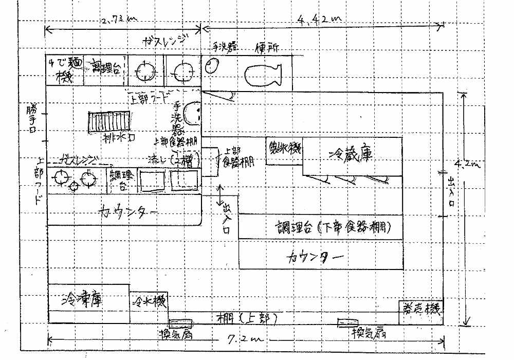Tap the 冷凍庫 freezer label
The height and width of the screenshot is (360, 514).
(x=81, y=299)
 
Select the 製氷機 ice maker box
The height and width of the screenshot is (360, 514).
(x=284, y=151)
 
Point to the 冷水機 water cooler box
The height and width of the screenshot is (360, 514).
(x=149, y=301)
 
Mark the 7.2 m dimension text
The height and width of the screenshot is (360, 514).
(x=248, y=340)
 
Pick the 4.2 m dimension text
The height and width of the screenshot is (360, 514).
(x=467, y=166)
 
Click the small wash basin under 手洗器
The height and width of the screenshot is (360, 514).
(x=212, y=66)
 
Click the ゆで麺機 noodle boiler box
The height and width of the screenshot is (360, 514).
(x=64, y=71)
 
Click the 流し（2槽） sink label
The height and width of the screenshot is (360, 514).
(x=169, y=159)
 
